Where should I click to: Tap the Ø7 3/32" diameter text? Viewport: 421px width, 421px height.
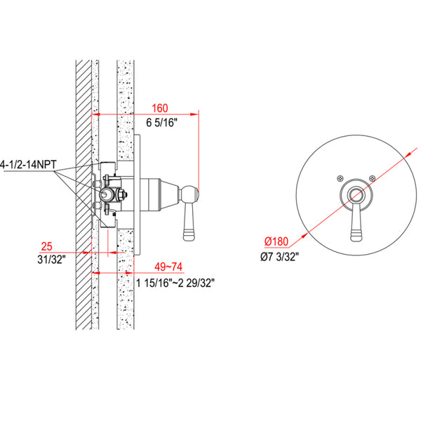coord(283,258)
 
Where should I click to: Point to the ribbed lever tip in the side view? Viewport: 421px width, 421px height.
coord(189,224)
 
